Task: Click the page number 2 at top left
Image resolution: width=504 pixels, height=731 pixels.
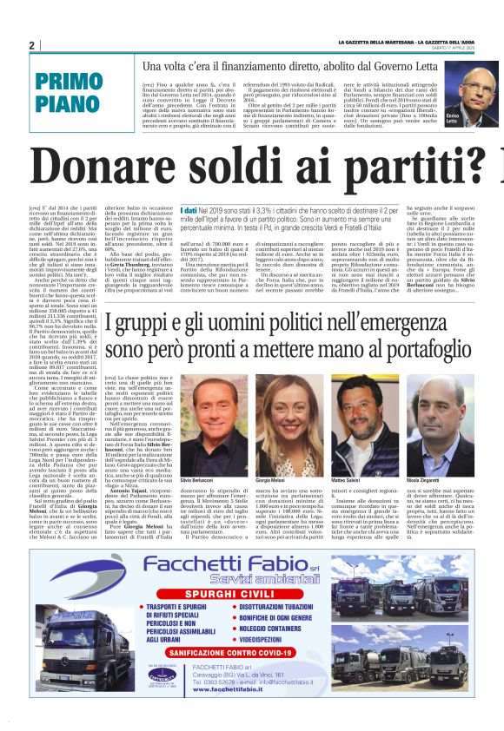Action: pos(31,44)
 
